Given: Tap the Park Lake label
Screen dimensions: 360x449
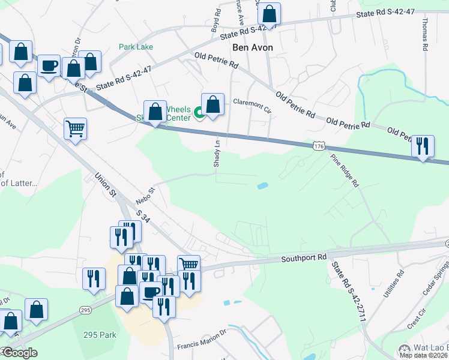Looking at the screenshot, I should (136, 47).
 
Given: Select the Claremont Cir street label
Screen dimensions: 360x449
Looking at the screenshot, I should (252, 104).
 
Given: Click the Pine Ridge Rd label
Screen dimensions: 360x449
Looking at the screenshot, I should (344, 170).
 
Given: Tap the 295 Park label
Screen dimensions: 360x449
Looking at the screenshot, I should (100, 335).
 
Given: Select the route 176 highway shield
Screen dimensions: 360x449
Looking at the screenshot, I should (319, 146).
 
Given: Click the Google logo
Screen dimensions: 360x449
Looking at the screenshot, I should (19, 353).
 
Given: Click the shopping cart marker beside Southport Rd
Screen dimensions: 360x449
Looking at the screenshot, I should (188, 264).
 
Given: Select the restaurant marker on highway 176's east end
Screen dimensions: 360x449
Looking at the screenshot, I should (423, 146).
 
